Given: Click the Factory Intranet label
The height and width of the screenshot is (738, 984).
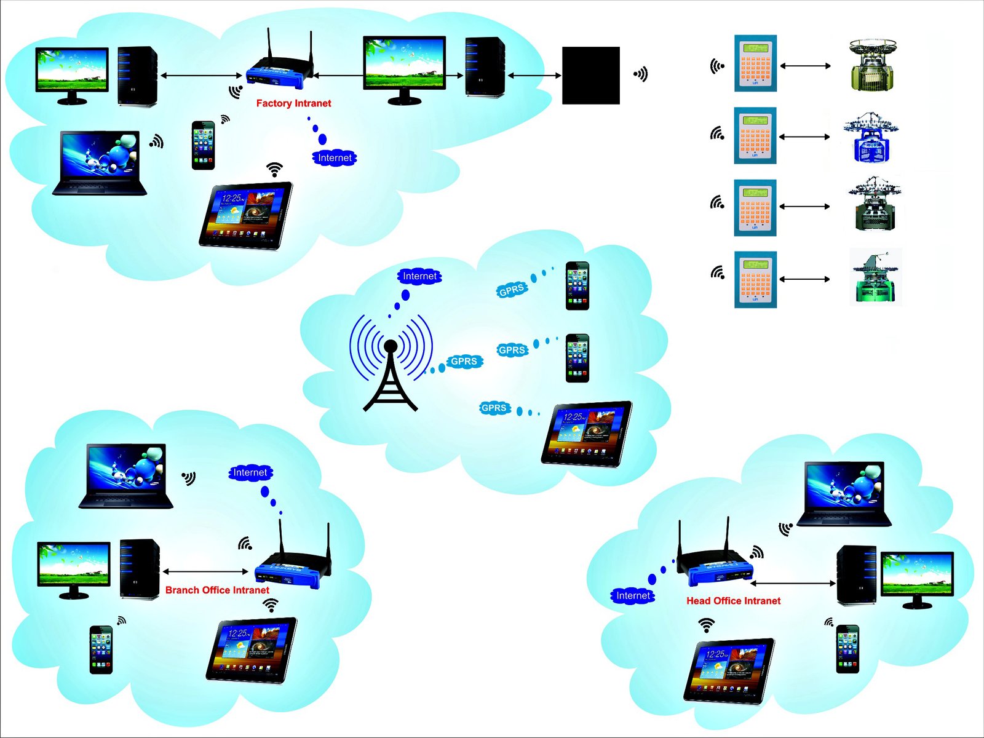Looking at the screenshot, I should point(293,103).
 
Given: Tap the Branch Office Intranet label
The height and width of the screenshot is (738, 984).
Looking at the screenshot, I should point(217,590).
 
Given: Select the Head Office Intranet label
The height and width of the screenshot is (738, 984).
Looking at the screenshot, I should point(733,601).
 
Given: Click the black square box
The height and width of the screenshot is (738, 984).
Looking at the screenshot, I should point(590,75).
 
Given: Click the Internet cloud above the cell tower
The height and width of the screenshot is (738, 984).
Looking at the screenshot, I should point(419,276).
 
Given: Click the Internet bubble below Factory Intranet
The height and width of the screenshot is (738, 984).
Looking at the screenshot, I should point(335,158).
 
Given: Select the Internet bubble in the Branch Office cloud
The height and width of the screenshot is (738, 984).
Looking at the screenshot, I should point(250,472).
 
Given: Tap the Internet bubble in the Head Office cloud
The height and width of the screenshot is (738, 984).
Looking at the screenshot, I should point(633,595).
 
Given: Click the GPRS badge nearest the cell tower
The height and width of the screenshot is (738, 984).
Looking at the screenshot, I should point(464,361).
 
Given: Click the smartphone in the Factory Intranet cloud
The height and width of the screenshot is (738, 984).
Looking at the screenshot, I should point(204,145).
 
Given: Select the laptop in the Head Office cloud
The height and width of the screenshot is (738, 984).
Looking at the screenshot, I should point(844,494).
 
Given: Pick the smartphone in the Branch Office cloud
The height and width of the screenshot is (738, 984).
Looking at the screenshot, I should point(101,649).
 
